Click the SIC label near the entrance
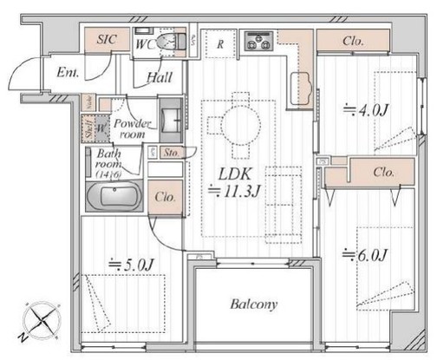(107, 39)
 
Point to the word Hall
(159, 77)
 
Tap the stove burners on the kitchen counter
(259, 39)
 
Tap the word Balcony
(254, 304)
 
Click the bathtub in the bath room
(115, 195)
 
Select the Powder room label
(132, 129)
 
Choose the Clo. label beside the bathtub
(165, 197)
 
